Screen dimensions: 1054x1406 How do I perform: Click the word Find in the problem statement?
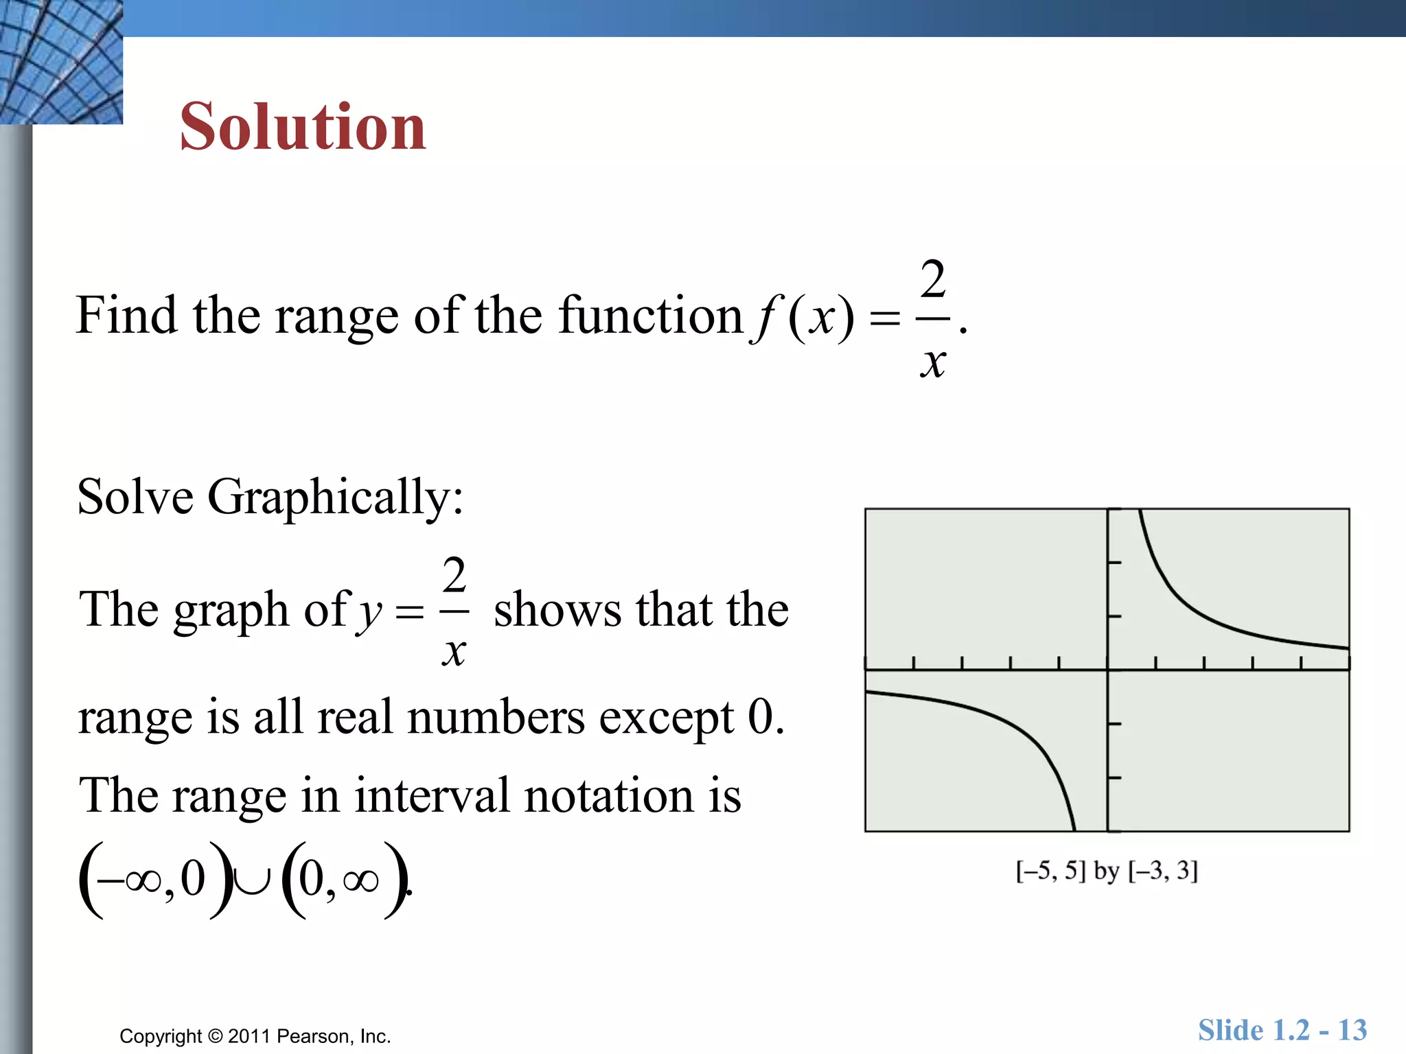tap(126, 315)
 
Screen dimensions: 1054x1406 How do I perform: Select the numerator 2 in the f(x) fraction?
tap(933, 280)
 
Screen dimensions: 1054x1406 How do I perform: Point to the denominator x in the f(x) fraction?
tap(933, 362)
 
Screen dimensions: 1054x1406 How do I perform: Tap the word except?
tap(666, 718)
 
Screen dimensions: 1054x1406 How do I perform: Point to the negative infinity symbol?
tap(129, 880)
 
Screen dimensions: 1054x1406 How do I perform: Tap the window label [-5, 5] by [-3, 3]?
tap(1107, 871)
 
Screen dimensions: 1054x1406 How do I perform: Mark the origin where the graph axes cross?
tap(1107, 669)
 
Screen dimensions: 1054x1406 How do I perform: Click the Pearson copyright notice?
tap(255, 1035)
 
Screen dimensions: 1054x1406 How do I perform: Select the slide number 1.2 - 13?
tap(1282, 1030)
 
